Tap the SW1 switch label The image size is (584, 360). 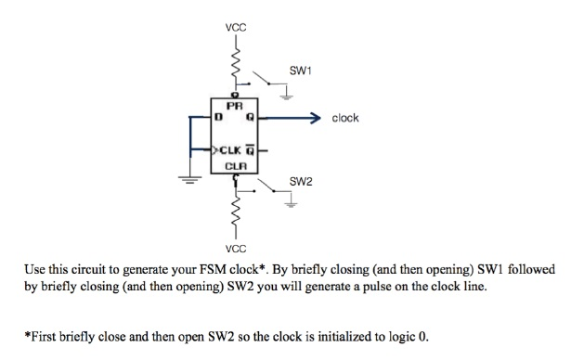(x=299, y=71)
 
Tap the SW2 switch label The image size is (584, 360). (x=299, y=181)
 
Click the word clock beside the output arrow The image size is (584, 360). (x=344, y=119)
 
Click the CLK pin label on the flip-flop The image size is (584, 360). (x=232, y=148)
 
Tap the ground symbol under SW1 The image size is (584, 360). (x=289, y=94)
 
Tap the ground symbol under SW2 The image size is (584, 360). (x=289, y=206)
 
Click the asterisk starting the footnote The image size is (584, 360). (x=27, y=335)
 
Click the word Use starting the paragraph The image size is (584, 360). (x=35, y=270)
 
